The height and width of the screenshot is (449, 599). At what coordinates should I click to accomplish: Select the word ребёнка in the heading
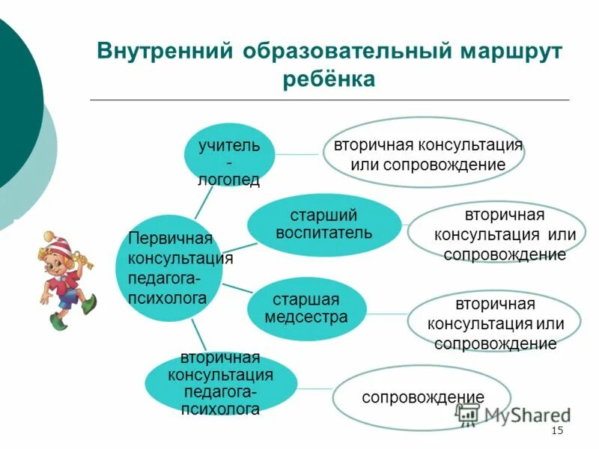[329, 79]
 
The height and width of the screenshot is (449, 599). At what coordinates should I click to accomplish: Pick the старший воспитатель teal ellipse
[323, 224]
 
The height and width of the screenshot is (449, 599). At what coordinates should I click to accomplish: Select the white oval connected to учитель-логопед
[428, 153]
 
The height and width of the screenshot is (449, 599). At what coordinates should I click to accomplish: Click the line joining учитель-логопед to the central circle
[203, 202]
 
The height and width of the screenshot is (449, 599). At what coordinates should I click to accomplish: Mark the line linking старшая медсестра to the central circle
[235, 289]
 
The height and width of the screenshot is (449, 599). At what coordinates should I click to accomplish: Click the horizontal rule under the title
[329, 100]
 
